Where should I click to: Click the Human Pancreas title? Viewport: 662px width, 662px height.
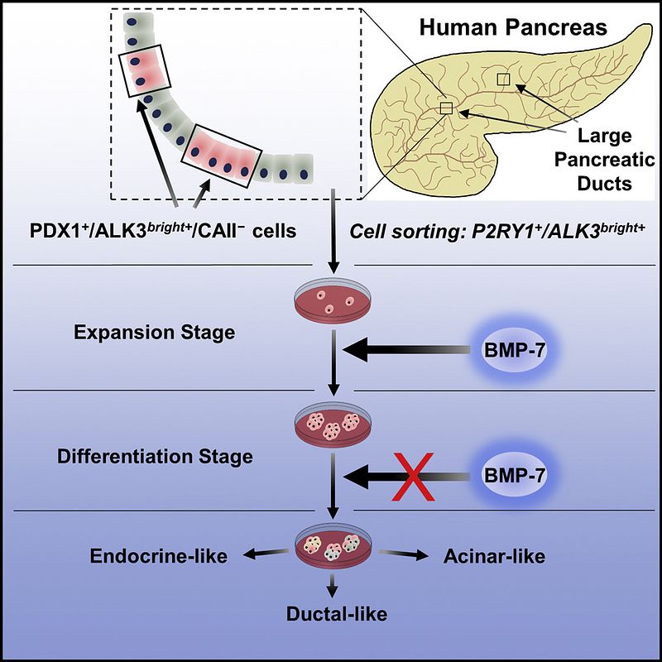tap(512, 27)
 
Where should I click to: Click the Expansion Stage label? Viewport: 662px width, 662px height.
tap(154, 333)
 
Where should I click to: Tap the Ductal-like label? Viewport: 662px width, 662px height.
tap(333, 615)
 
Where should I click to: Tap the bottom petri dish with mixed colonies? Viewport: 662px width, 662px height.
tap(333, 547)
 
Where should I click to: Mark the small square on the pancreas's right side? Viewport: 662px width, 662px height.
tap(504, 79)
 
